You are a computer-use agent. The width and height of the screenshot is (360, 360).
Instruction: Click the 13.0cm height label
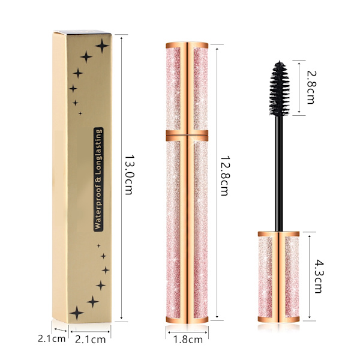[129, 175]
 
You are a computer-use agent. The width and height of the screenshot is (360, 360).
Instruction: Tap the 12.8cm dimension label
[224, 176]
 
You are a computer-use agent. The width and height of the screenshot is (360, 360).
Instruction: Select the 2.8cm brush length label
[311, 87]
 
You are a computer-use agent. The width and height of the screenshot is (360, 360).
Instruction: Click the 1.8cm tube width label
[188, 340]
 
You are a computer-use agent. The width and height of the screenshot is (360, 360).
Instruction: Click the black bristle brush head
[279, 88]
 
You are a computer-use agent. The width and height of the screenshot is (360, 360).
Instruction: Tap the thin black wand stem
[279, 173]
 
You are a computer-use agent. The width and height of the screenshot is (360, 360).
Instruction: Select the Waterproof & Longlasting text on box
[98, 179]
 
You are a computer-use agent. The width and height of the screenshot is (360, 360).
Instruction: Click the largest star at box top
[102, 46]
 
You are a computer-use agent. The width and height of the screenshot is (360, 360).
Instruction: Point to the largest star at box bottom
[77, 313]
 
